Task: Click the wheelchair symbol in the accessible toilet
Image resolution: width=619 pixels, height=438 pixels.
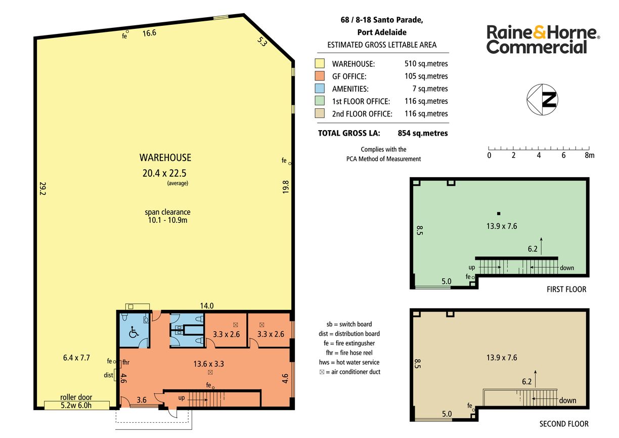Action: (134, 332)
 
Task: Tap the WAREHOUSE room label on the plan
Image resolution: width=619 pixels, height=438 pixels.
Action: (165, 157)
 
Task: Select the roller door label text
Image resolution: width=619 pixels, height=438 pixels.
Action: (76, 397)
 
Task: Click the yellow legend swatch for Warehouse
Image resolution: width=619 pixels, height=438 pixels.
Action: (320, 63)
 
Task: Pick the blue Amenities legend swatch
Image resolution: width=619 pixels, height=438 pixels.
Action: (320, 88)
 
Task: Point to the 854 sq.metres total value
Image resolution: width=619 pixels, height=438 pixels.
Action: (423, 133)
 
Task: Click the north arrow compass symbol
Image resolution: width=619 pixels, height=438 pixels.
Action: (542, 100)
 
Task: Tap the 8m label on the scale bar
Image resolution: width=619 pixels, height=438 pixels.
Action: (590, 155)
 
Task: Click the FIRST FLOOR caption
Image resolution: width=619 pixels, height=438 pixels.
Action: (566, 290)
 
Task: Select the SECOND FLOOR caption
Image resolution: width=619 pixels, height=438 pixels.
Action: (564, 424)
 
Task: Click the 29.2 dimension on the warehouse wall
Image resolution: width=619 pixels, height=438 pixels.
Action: (43, 188)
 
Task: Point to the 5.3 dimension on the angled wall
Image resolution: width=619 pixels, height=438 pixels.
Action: (262, 42)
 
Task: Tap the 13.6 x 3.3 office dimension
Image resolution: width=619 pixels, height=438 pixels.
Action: (209, 364)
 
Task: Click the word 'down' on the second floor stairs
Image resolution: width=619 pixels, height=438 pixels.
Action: (567, 401)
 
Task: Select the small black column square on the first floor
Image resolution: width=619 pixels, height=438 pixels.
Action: (499, 213)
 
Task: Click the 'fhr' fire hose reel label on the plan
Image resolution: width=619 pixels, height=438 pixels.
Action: (126, 362)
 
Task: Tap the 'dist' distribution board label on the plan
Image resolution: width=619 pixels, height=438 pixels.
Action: (108, 375)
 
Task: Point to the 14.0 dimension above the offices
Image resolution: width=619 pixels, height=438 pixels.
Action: (207, 306)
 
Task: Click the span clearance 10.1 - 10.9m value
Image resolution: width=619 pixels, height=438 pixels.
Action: (167, 220)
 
